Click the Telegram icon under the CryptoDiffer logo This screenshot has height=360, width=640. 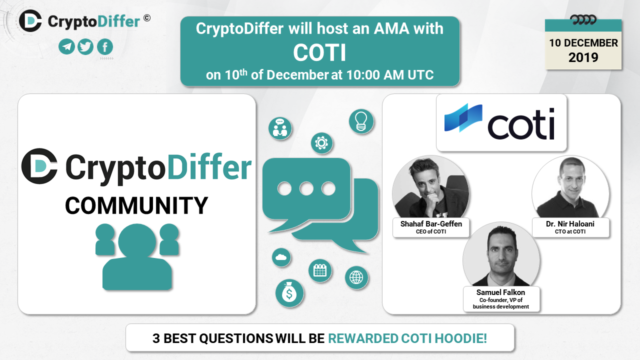click(x=67, y=46)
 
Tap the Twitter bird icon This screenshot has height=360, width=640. click(x=85, y=46)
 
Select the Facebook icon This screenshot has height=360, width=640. click(x=105, y=46)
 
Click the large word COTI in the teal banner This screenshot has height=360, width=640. click(x=319, y=53)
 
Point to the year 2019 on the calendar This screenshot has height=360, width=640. click(x=583, y=57)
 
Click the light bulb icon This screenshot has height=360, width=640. click(x=361, y=121)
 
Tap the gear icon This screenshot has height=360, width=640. click(x=321, y=143)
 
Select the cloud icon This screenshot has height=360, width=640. click(x=281, y=257)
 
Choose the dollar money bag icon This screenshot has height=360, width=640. click(x=289, y=293)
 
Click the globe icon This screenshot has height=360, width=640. click(x=356, y=277)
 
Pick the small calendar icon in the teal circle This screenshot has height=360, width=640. click(x=320, y=270)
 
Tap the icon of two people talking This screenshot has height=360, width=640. click(x=280, y=128)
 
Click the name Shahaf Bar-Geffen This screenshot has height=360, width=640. click(x=431, y=223)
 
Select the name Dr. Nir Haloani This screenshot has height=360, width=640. click(x=570, y=223)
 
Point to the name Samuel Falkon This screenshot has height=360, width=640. click(x=500, y=292)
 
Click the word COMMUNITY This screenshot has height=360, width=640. click(x=136, y=205)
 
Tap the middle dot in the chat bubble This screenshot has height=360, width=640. click(x=306, y=188)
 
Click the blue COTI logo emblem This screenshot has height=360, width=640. click(x=463, y=117)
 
